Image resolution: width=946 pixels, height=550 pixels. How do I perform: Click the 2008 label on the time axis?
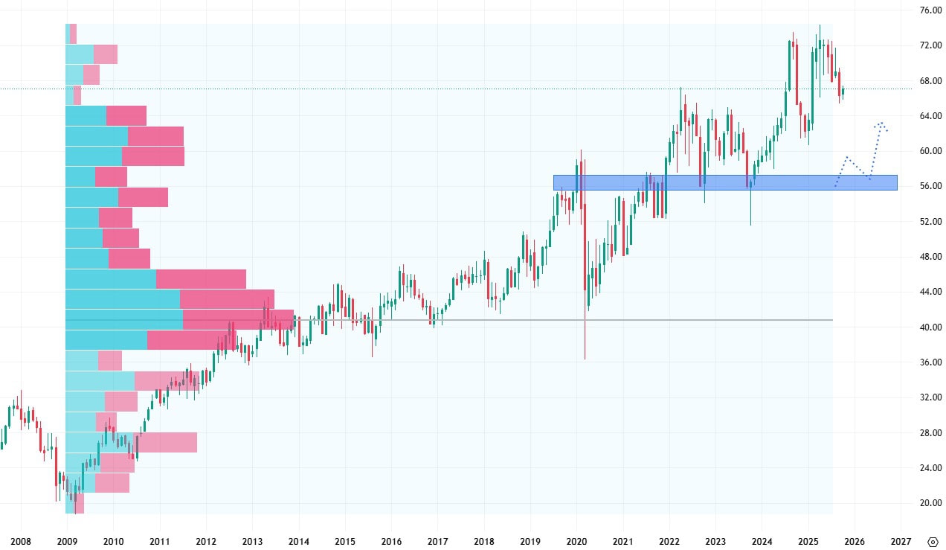click(21, 541)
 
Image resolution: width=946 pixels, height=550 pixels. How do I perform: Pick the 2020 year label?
click(577, 541)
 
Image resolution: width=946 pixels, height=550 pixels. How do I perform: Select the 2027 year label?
click(901, 541)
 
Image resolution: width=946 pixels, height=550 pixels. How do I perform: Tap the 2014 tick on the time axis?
click(299, 541)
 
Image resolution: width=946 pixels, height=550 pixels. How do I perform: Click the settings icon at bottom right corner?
click(933, 541)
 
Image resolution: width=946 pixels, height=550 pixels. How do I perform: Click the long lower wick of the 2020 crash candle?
click(585, 335)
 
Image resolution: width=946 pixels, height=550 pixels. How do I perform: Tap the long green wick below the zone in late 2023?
click(750, 208)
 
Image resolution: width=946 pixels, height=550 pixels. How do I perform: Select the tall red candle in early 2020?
click(585, 238)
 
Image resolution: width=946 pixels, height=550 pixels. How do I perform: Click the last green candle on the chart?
click(843, 91)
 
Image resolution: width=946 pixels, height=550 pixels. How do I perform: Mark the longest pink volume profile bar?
click(238, 319)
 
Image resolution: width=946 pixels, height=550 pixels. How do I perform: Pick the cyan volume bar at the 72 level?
click(80, 54)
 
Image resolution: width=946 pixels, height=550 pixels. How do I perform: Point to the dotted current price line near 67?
click(446, 89)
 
